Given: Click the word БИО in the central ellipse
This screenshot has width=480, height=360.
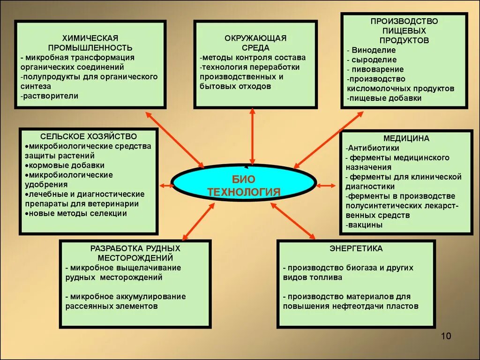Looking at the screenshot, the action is (x=243, y=180).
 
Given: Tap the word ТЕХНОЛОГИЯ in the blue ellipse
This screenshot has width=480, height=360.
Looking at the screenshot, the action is (x=244, y=192).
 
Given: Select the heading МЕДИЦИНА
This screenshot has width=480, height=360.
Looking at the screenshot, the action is (x=406, y=139).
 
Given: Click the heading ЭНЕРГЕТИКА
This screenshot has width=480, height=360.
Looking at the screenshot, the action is (x=356, y=248).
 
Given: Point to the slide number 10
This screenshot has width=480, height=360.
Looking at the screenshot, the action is (x=446, y=336).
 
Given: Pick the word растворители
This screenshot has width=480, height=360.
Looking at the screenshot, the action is (x=51, y=96).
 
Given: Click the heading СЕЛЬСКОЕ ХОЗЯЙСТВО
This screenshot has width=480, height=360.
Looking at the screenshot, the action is (x=89, y=136).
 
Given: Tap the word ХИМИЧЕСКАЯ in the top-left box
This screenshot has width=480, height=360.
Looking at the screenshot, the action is (x=90, y=38).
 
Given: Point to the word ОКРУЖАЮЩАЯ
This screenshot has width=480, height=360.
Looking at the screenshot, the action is (x=255, y=38).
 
